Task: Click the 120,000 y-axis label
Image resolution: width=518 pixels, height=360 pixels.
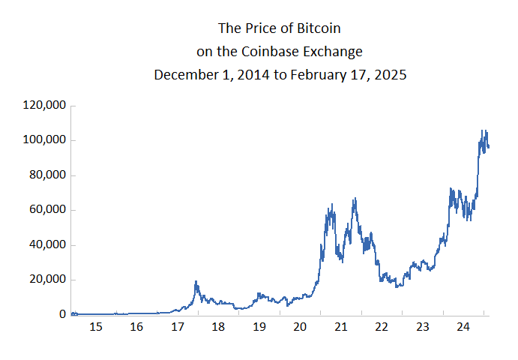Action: (44, 106)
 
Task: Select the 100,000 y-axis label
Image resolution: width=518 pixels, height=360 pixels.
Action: (44, 140)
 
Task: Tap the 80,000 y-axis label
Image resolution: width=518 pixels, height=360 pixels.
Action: (47, 175)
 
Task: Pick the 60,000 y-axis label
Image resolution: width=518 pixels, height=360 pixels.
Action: (47, 210)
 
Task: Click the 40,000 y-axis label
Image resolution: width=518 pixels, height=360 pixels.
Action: (47, 244)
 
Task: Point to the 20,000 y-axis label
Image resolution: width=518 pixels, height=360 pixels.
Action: (47, 280)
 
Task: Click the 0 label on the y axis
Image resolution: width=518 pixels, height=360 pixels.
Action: (62, 314)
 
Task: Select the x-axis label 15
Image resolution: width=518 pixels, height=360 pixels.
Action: (95, 327)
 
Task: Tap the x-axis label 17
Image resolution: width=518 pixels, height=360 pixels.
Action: (177, 327)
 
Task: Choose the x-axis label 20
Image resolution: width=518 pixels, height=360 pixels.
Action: (300, 327)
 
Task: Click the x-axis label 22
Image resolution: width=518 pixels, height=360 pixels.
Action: (382, 327)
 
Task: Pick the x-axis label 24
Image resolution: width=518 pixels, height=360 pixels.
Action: (463, 327)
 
